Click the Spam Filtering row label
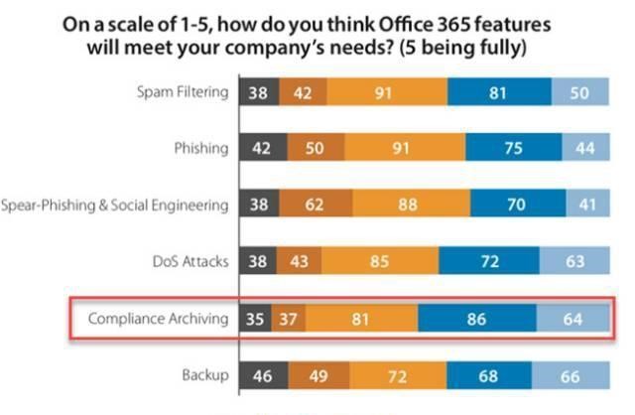coord(184,92)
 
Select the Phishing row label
coord(200,149)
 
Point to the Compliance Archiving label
coord(159,319)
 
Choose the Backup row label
coord(205,375)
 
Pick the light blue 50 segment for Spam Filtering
coord(580,92)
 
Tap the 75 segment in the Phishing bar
coord(513,149)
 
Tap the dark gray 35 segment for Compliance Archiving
coord(256,320)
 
